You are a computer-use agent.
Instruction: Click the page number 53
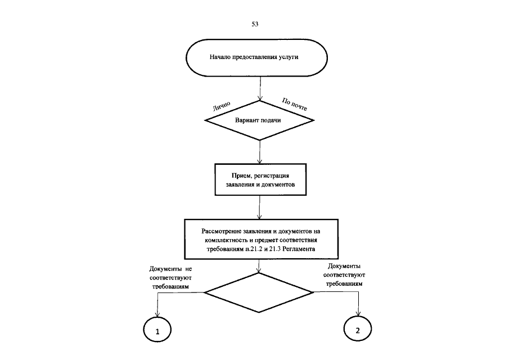(x=255, y=25)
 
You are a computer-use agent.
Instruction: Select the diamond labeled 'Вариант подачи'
(x=258, y=121)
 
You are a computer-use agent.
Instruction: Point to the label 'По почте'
(x=294, y=104)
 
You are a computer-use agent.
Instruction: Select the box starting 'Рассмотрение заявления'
(x=260, y=240)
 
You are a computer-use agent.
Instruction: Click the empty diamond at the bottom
(x=258, y=292)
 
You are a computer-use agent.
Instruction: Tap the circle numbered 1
(x=158, y=331)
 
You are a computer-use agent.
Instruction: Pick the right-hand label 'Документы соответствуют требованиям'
(x=344, y=275)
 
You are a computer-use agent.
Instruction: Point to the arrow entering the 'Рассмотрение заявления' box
(x=259, y=208)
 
